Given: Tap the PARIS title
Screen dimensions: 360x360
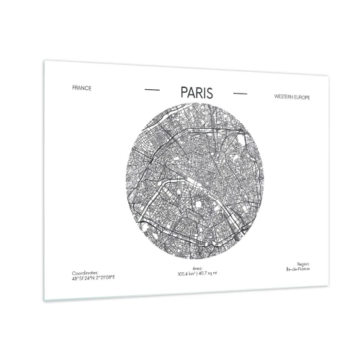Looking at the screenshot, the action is [x=194, y=92].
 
